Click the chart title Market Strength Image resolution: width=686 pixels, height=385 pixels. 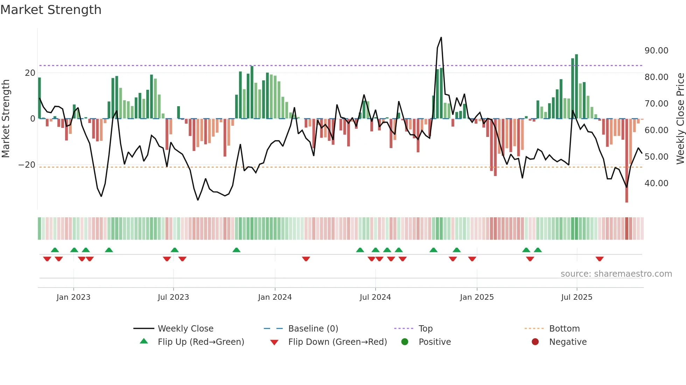[51, 10]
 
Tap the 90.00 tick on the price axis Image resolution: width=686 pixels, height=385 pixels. [656, 51]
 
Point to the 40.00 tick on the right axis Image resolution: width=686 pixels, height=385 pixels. [656, 183]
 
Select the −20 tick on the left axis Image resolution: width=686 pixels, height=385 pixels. [27, 165]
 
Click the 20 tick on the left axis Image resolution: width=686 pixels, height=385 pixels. [30, 73]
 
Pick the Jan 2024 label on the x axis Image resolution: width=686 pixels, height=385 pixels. [275, 297]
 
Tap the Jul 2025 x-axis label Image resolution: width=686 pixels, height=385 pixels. [576, 297]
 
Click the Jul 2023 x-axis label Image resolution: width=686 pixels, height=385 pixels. [173, 297]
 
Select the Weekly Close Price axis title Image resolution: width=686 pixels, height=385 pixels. [680, 119]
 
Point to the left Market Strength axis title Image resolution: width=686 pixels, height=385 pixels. [6, 119]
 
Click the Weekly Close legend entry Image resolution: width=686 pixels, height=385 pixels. [185, 329]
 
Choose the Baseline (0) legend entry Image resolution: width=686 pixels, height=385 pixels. [313, 329]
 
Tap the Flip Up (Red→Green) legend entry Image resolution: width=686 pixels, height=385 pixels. [201, 342]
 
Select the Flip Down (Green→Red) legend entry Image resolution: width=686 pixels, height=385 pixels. [337, 342]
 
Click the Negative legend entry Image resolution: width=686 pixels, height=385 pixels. [567, 342]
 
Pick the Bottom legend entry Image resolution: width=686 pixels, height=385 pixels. [564, 329]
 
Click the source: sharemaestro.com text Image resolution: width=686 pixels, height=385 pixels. [616, 274]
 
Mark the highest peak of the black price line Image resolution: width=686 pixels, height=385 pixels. [441, 38]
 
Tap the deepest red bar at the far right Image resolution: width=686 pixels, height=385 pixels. [626, 161]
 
